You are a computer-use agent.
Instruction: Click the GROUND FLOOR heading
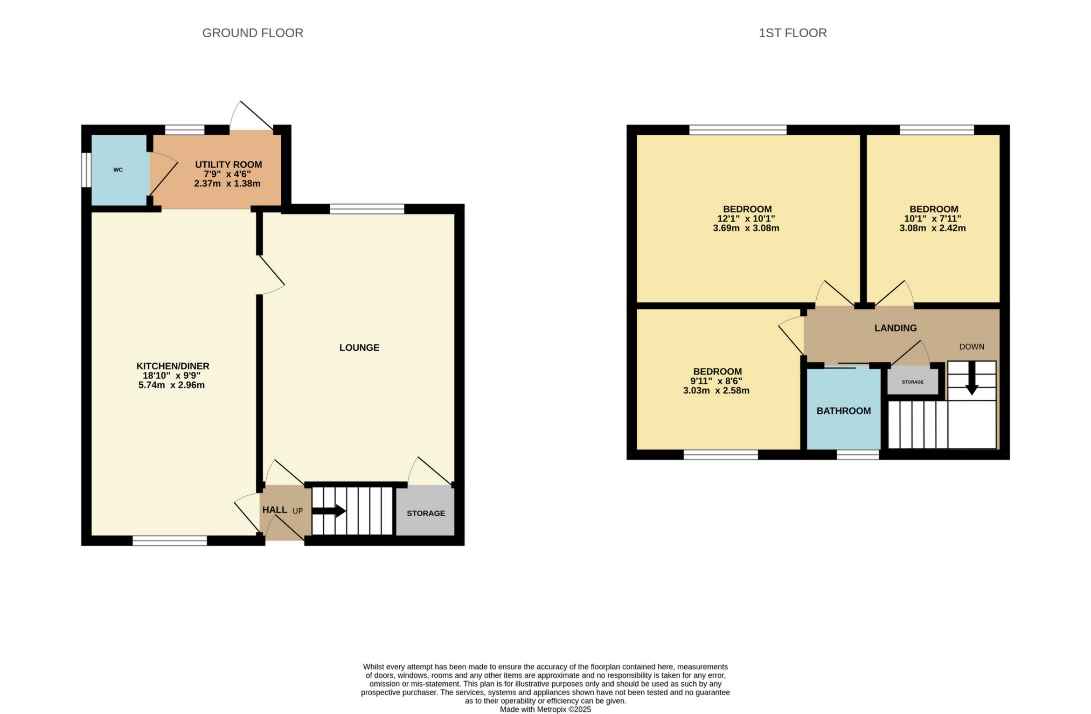pyautogui.click(x=253, y=33)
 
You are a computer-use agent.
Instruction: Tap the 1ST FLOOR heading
pyautogui.click(x=792, y=33)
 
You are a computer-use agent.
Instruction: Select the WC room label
pyautogui.click(x=118, y=170)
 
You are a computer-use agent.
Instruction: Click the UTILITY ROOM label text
pyautogui.click(x=228, y=164)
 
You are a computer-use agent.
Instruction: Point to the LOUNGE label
pyautogui.click(x=359, y=348)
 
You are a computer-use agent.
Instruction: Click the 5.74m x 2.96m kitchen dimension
pyautogui.click(x=171, y=385)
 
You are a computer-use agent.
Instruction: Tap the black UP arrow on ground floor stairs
pyautogui.click(x=330, y=511)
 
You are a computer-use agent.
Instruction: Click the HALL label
pyautogui.click(x=274, y=510)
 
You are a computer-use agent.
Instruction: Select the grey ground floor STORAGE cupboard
pyautogui.click(x=425, y=512)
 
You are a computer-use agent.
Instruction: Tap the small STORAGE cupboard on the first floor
pyautogui.click(x=912, y=382)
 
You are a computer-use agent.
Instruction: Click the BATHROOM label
pyautogui.click(x=843, y=411)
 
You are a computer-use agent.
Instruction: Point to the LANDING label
pyautogui.click(x=895, y=328)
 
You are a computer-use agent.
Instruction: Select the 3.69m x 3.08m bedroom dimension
pyautogui.click(x=746, y=228)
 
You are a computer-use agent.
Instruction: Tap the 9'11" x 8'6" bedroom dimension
pyautogui.click(x=716, y=381)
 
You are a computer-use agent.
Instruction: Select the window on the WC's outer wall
pyautogui.click(x=86, y=170)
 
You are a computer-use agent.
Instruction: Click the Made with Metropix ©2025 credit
pyautogui.click(x=545, y=709)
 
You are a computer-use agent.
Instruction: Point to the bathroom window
pyautogui.click(x=857, y=454)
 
